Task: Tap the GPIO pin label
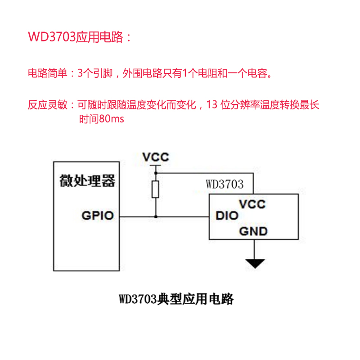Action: click(x=98, y=216)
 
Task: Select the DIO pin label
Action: click(x=227, y=216)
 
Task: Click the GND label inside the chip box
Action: click(x=253, y=231)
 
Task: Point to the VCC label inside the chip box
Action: click(x=252, y=204)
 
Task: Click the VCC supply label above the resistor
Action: click(x=156, y=157)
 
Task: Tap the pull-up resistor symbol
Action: click(x=156, y=189)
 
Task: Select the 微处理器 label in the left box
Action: click(x=87, y=181)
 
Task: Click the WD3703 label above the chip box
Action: click(x=225, y=184)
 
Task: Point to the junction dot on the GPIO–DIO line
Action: click(x=156, y=216)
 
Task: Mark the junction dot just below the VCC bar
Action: click(x=156, y=173)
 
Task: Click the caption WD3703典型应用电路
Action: click(x=176, y=299)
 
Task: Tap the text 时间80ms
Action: click(x=102, y=119)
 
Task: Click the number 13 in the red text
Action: click(x=211, y=105)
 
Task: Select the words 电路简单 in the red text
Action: click(x=48, y=73)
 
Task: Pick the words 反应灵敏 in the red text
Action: click(x=48, y=105)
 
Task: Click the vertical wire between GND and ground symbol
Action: click(x=254, y=249)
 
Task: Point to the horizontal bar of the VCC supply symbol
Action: click(x=156, y=165)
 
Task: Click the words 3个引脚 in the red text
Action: click(x=95, y=73)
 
